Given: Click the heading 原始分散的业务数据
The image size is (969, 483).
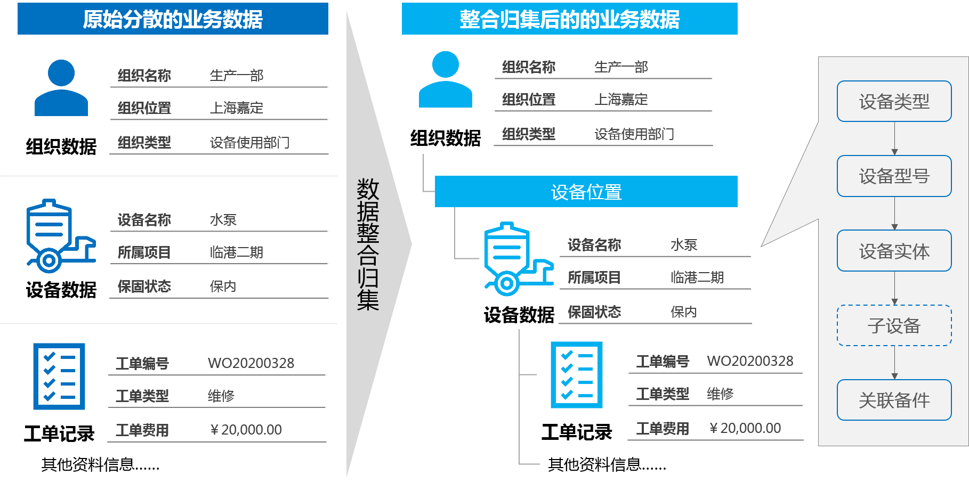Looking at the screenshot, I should pos(173,19).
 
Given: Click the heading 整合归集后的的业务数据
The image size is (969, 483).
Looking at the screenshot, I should pos(569,19).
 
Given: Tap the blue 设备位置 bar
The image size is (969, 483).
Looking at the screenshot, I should pos(586,192).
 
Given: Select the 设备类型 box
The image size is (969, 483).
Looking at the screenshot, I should pos(894,101).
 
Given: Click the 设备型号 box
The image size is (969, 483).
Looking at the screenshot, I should pos(894,176).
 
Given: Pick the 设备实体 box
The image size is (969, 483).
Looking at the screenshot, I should pos(894,251).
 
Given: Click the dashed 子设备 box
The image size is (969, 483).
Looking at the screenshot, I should pos(894,325).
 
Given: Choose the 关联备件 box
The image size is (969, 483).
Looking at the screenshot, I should pos(894,400).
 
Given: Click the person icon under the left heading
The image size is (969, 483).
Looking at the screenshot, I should pos(61,88).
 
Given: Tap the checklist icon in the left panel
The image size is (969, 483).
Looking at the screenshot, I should pos(59,376).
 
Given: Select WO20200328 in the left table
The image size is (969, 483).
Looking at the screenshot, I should pos(251,363).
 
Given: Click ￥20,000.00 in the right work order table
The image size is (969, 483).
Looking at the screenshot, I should pos(745,428).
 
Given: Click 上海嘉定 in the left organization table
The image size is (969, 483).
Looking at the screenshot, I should pos(237,108).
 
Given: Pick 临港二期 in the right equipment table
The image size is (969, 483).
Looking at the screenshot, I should pos(697,277).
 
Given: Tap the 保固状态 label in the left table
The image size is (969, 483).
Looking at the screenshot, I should pos(144,286).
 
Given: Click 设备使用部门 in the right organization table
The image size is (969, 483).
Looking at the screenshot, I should pos(634,134).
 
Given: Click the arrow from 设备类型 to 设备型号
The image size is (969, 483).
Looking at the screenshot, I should pos(894,138).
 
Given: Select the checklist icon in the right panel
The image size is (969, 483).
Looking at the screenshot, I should pos(577,375).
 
